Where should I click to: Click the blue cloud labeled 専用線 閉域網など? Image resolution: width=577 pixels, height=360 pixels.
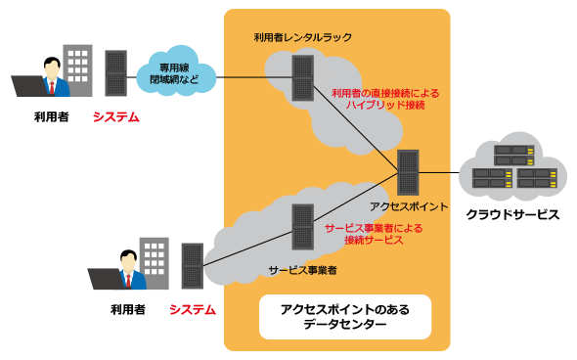(x=176, y=73)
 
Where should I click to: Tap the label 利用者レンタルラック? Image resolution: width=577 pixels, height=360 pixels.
(x=303, y=37)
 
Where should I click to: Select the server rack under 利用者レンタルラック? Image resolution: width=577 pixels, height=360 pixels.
(x=303, y=77)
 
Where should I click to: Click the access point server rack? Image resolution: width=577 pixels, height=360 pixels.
(x=408, y=172)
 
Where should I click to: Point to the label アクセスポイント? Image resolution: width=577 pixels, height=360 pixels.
(x=409, y=206)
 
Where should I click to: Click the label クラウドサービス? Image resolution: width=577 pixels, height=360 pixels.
(x=512, y=214)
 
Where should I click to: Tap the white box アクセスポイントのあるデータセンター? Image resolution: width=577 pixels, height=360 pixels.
(x=345, y=317)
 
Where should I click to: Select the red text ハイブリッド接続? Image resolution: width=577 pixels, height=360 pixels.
(x=385, y=105)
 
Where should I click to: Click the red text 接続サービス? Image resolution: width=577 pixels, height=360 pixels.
(x=374, y=241)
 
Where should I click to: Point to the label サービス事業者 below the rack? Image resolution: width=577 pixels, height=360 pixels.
(x=302, y=271)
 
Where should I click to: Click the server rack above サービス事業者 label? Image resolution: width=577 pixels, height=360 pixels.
(x=303, y=227)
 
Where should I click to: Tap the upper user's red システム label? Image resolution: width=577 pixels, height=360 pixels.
(x=116, y=117)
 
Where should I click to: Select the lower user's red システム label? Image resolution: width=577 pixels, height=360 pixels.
(x=193, y=309)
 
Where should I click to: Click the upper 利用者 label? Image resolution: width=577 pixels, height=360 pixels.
(x=52, y=117)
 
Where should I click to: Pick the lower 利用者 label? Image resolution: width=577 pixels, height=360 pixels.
(x=128, y=309)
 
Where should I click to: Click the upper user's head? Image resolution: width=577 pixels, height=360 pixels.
(x=52, y=67)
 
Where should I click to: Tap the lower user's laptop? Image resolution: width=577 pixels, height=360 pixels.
(x=106, y=279)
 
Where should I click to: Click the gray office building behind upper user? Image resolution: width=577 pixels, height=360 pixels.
(x=77, y=69)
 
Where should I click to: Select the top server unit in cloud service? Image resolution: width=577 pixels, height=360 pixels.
(x=513, y=150)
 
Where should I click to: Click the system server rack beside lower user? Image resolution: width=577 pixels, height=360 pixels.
(x=193, y=266)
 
